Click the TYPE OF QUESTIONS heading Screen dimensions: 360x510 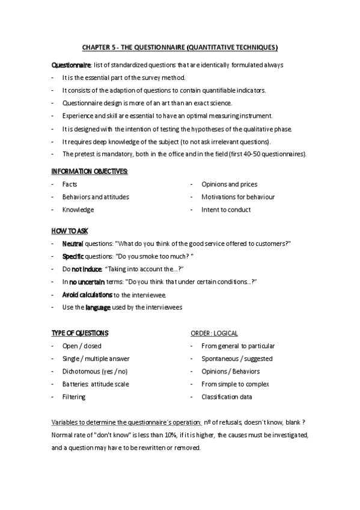pyautogui.click(x=80, y=333)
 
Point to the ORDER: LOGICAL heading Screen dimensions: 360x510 pyautogui.click(x=214, y=333)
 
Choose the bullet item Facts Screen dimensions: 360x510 pyautogui.click(x=70, y=184)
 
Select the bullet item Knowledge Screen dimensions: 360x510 pyautogui.click(x=78, y=210)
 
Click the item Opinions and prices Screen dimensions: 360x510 pyautogui.click(x=229, y=184)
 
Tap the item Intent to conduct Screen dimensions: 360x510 pyautogui.click(x=226, y=210)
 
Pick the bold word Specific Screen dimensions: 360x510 pyautogui.click(x=73, y=256)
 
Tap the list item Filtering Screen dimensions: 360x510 pyautogui.click(x=74, y=397)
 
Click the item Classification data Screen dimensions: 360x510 pyautogui.click(x=227, y=397)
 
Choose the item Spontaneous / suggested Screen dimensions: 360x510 pyautogui.click(x=228, y=358)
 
